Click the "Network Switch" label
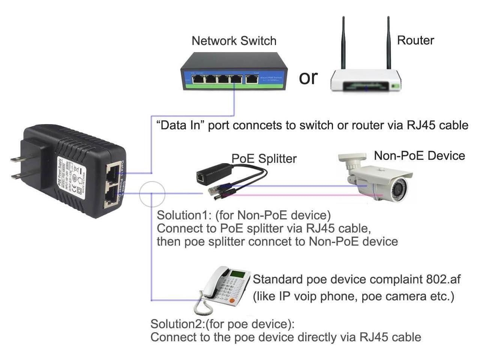click(x=234, y=40)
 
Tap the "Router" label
click(x=415, y=40)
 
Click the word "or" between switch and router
click(x=308, y=77)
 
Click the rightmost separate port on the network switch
click(x=252, y=79)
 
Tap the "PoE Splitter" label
click(x=264, y=159)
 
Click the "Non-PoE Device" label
click(x=419, y=155)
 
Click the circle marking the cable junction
click(x=152, y=194)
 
